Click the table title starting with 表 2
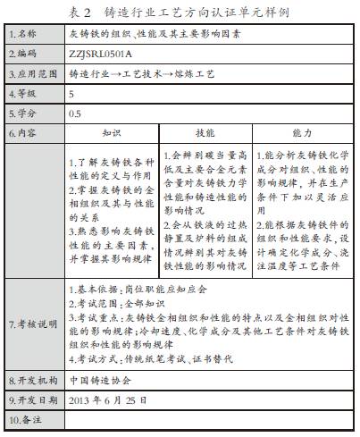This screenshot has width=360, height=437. [180, 12]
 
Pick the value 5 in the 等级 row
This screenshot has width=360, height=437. [71, 93]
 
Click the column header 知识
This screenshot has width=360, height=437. [112, 132]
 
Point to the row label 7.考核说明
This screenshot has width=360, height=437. [32, 323]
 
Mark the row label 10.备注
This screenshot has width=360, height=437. [27, 418]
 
